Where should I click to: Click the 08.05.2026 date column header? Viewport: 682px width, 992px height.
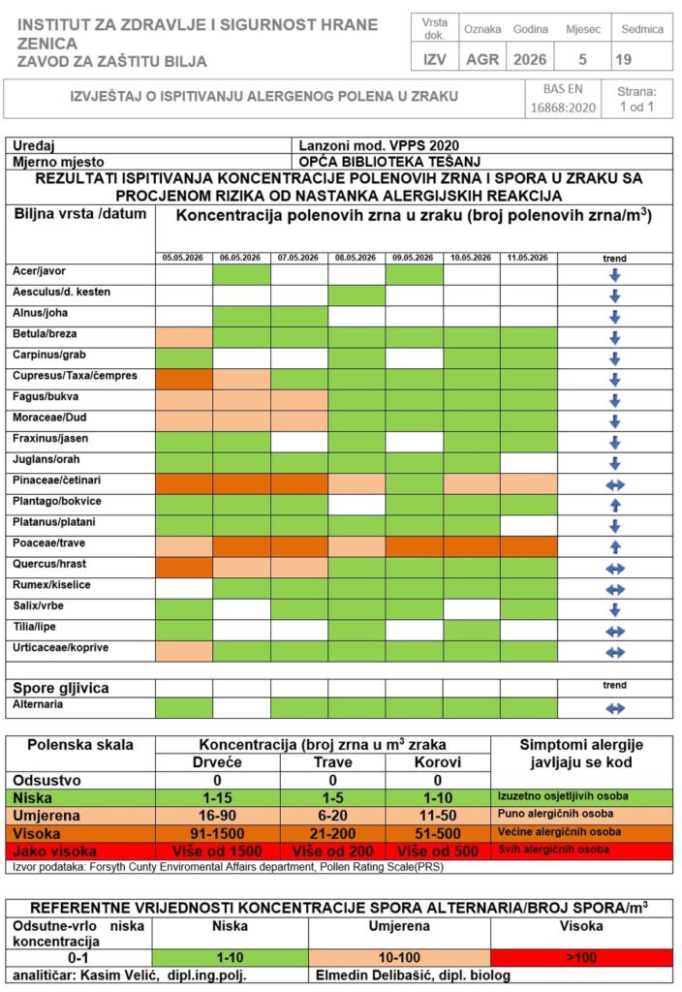pyautogui.click(x=356, y=258)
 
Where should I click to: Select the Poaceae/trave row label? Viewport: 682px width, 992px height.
pyautogui.click(x=48, y=543)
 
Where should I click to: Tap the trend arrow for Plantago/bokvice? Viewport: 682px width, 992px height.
pyautogui.click(x=615, y=505)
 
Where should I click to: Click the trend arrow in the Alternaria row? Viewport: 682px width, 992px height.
pyautogui.click(x=615, y=708)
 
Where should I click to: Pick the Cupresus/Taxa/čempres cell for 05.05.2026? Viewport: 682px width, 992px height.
pyautogui.click(x=184, y=380)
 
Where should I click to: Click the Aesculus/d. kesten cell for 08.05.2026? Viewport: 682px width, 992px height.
pyautogui.click(x=356, y=295)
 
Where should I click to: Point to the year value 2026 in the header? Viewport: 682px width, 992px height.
pyautogui.click(x=530, y=59)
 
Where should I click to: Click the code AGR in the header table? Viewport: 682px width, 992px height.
pyautogui.click(x=482, y=59)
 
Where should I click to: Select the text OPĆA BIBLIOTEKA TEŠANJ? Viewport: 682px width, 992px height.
pyautogui.click(x=389, y=162)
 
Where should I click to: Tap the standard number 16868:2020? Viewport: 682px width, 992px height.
pyautogui.click(x=563, y=108)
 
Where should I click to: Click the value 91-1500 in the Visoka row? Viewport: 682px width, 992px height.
pyautogui.click(x=217, y=834)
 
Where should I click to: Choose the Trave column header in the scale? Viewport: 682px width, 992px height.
pyautogui.click(x=333, y=762)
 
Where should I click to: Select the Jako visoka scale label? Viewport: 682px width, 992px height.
pyautogui.click(x=55, y=852)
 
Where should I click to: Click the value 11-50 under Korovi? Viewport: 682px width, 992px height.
pyautogui.click(x=437, y=816)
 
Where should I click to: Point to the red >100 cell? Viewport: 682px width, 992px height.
pyautogui.click(x=581, y=958)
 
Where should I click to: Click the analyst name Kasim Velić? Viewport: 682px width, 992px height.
pyautogui.click(x=119, y=976)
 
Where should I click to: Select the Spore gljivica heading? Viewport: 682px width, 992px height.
pyautogui.click(x=61, y=689)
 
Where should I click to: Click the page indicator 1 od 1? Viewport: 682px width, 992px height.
pyautogui.click(x=636, y=107)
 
